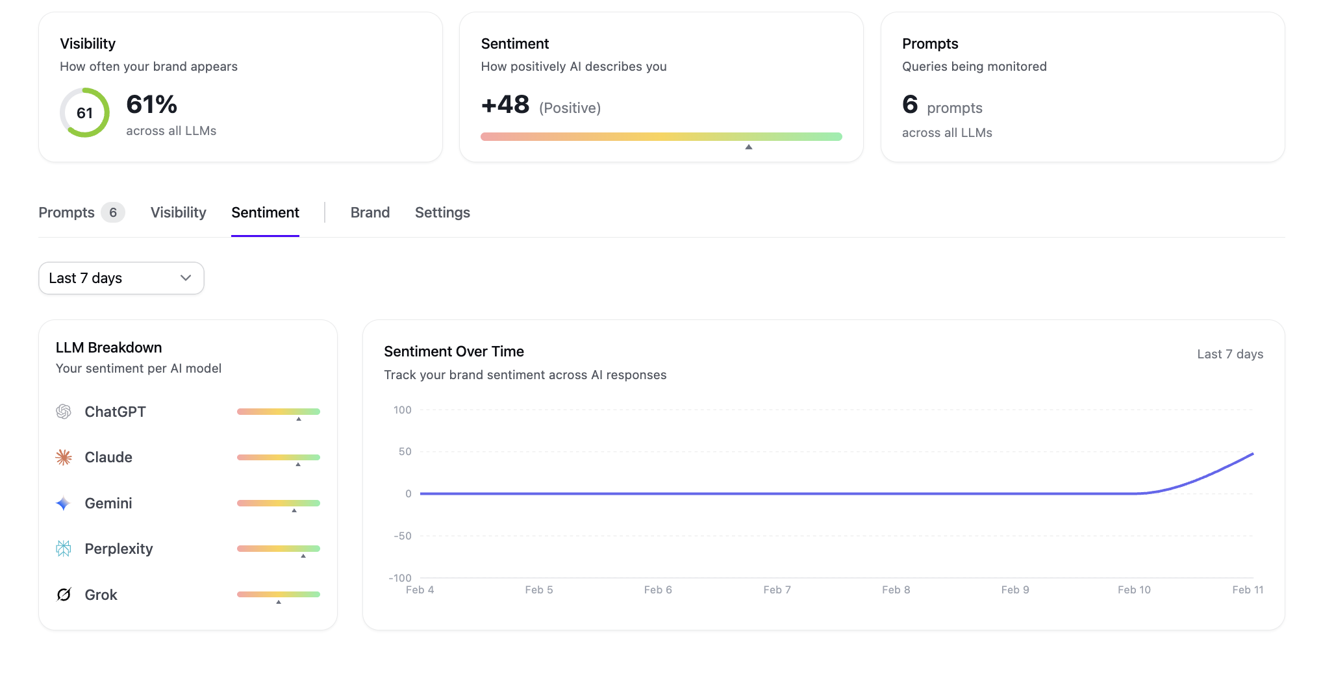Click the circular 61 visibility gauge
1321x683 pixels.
pos(84,113)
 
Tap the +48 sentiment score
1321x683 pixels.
pos(505,105)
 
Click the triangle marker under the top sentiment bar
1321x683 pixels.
pos(748,147)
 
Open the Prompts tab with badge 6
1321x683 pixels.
pos(81,212)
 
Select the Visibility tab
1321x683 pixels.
pos(178,212)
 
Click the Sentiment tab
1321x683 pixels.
pos(265,212)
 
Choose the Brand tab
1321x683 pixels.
pos(370,212)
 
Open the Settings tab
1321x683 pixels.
pos(442,212)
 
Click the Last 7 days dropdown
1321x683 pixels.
pos(121,278)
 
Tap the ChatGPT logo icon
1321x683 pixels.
pos(64,412)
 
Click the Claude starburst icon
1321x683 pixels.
pos(64,457)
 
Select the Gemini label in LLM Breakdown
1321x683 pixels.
pos(108,503)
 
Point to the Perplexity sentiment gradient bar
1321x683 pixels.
pos(278,549)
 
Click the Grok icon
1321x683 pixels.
pos(64,595)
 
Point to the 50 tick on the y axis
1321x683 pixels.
pos(405,451)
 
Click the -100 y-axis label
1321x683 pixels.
pos(400,578)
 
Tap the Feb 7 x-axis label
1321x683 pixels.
pos(777,590)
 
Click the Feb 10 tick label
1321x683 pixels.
pos(1134,590)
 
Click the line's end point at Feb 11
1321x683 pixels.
pos(1252,454)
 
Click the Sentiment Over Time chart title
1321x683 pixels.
pos(453,351)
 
